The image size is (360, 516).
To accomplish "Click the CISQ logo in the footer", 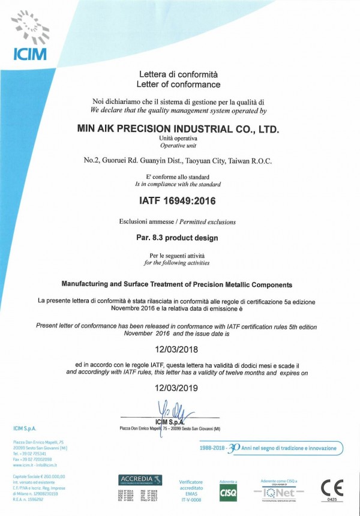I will point(227,492).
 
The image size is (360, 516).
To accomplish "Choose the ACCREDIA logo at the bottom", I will point(140,479).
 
